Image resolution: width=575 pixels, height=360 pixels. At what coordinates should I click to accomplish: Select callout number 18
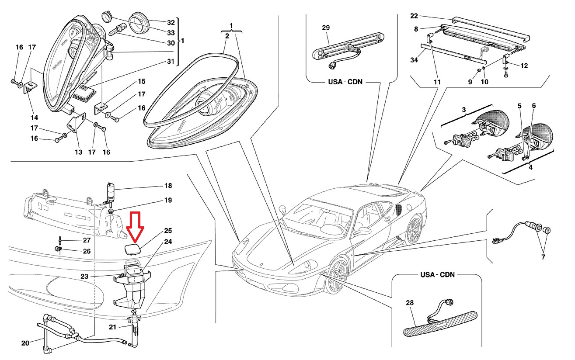pos(168,186)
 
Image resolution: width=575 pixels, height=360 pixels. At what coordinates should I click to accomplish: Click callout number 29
pos(325,28)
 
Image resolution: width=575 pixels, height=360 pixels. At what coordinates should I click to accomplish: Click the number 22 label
pos(414,16)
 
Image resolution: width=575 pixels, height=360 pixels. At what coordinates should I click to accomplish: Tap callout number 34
pos(414,60)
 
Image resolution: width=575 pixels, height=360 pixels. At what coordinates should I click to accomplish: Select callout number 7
pos(543,257)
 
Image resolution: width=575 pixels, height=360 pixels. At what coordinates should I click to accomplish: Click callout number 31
pos(170,61)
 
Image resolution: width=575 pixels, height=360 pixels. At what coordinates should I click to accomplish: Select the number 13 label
pos(78,152)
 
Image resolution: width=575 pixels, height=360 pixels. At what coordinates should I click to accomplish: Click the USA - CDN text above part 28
pos(437,275)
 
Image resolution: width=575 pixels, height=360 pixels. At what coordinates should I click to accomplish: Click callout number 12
pos(524,66)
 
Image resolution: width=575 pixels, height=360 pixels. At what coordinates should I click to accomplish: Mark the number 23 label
pos(84,276)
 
